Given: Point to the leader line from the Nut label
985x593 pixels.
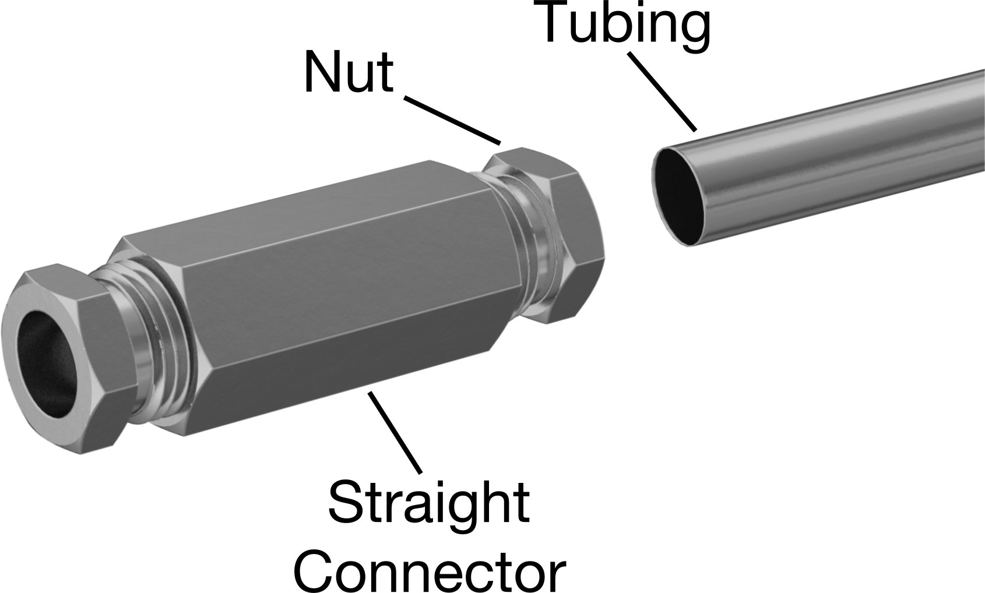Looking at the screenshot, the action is (452, 120).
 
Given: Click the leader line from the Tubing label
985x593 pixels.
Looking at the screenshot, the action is (663, 91).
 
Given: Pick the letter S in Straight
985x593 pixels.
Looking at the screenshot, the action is (346, 501).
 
